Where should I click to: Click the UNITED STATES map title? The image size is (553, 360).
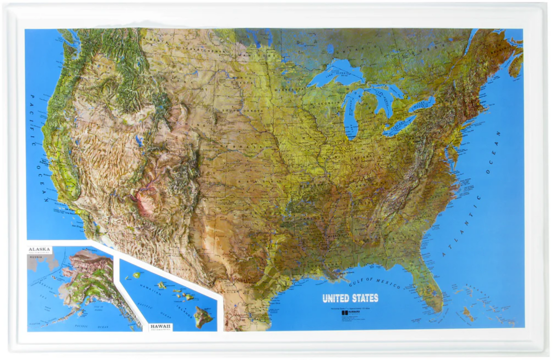pyautogui.click(x=350, y=298)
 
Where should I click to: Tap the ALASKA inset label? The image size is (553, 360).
pyautogui.click(x=39, y=249)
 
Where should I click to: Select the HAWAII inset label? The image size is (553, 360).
pyautogui.click(x=161, y=326)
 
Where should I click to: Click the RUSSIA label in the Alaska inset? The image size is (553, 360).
pyautogui.click(x=36, y=257)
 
